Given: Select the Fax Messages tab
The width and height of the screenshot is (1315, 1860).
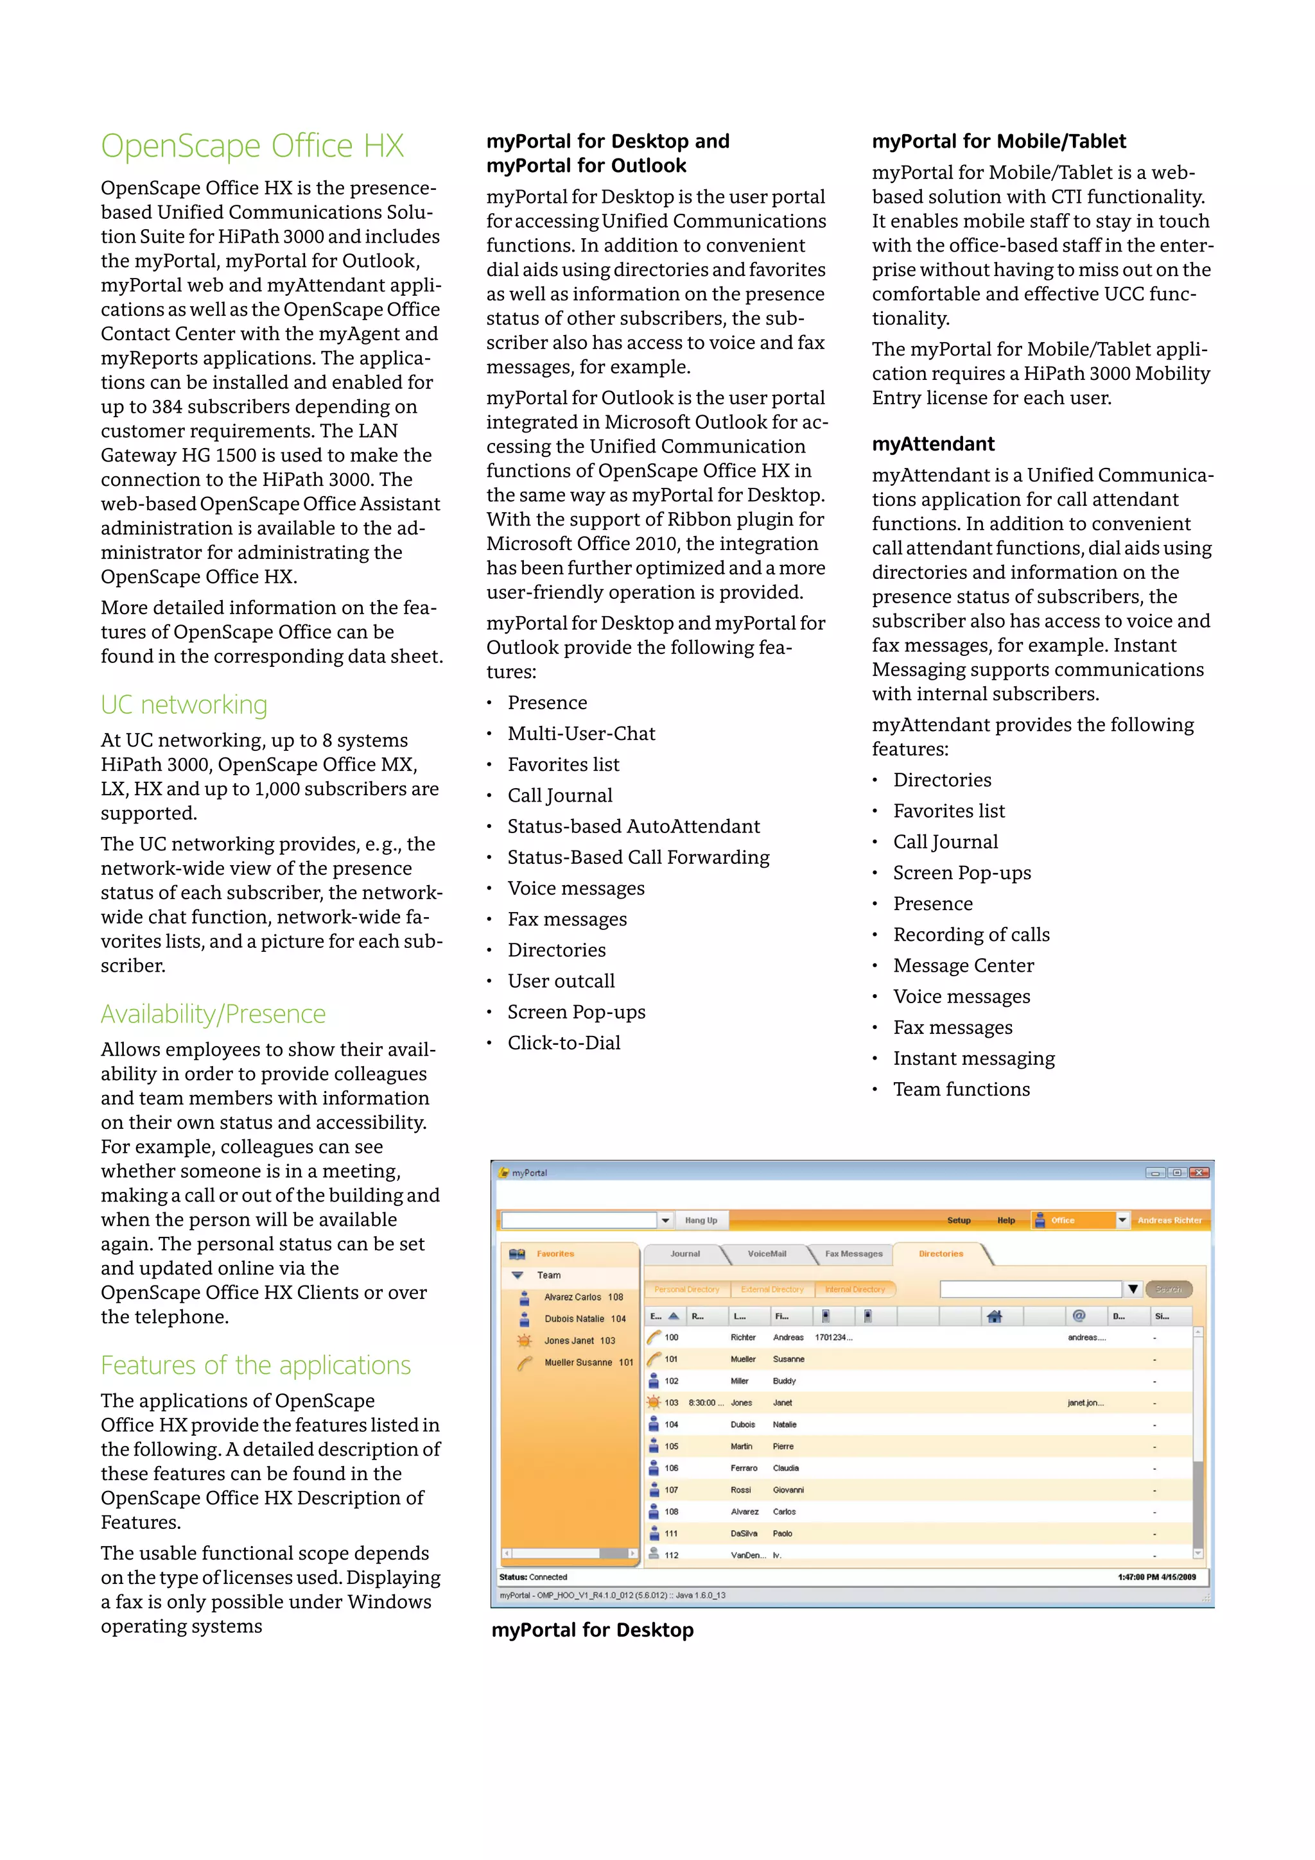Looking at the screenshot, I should (x=853, y=1253).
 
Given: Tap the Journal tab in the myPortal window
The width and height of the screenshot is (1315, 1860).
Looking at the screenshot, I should (x=684, y=1253).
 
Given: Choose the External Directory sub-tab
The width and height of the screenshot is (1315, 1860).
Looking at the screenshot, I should (x=771, y=1289).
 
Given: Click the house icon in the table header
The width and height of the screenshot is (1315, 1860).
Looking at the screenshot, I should (x=994, y=1316).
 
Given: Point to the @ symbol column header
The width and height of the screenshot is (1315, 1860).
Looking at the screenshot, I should (x=1079, y=1316).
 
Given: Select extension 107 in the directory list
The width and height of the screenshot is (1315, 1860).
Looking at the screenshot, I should (x=671, y=1490).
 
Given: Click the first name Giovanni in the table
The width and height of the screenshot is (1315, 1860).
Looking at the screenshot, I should (x=788, y=1490).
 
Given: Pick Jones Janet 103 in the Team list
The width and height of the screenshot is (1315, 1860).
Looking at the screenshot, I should (x=579, y=1341).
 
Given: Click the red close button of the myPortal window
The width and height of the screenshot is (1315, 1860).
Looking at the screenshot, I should (x=1199, y=1172).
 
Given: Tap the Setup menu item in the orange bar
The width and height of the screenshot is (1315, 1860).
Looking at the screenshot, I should (x=959, y=1220).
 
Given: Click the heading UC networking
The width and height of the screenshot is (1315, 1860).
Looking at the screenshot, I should (x=184, y=705).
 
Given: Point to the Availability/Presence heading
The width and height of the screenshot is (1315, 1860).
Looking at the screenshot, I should (x=213, y=1014).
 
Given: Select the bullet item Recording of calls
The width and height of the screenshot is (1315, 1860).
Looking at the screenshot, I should (x=971, y=935).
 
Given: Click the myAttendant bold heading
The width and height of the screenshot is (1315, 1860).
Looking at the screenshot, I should (x=932, y=444).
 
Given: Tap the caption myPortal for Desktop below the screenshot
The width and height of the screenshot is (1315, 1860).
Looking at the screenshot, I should (x=592, y=1630).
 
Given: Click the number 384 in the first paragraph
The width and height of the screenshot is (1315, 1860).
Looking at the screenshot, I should (x=167, y=407).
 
